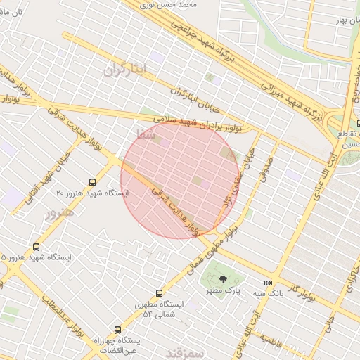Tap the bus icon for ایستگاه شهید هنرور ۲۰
93,182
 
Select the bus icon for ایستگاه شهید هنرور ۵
36,247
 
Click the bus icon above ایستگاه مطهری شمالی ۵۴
159,293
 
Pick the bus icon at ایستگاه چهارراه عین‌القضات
117,329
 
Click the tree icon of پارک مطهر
224,280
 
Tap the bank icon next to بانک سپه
267,283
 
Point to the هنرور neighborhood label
59,214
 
